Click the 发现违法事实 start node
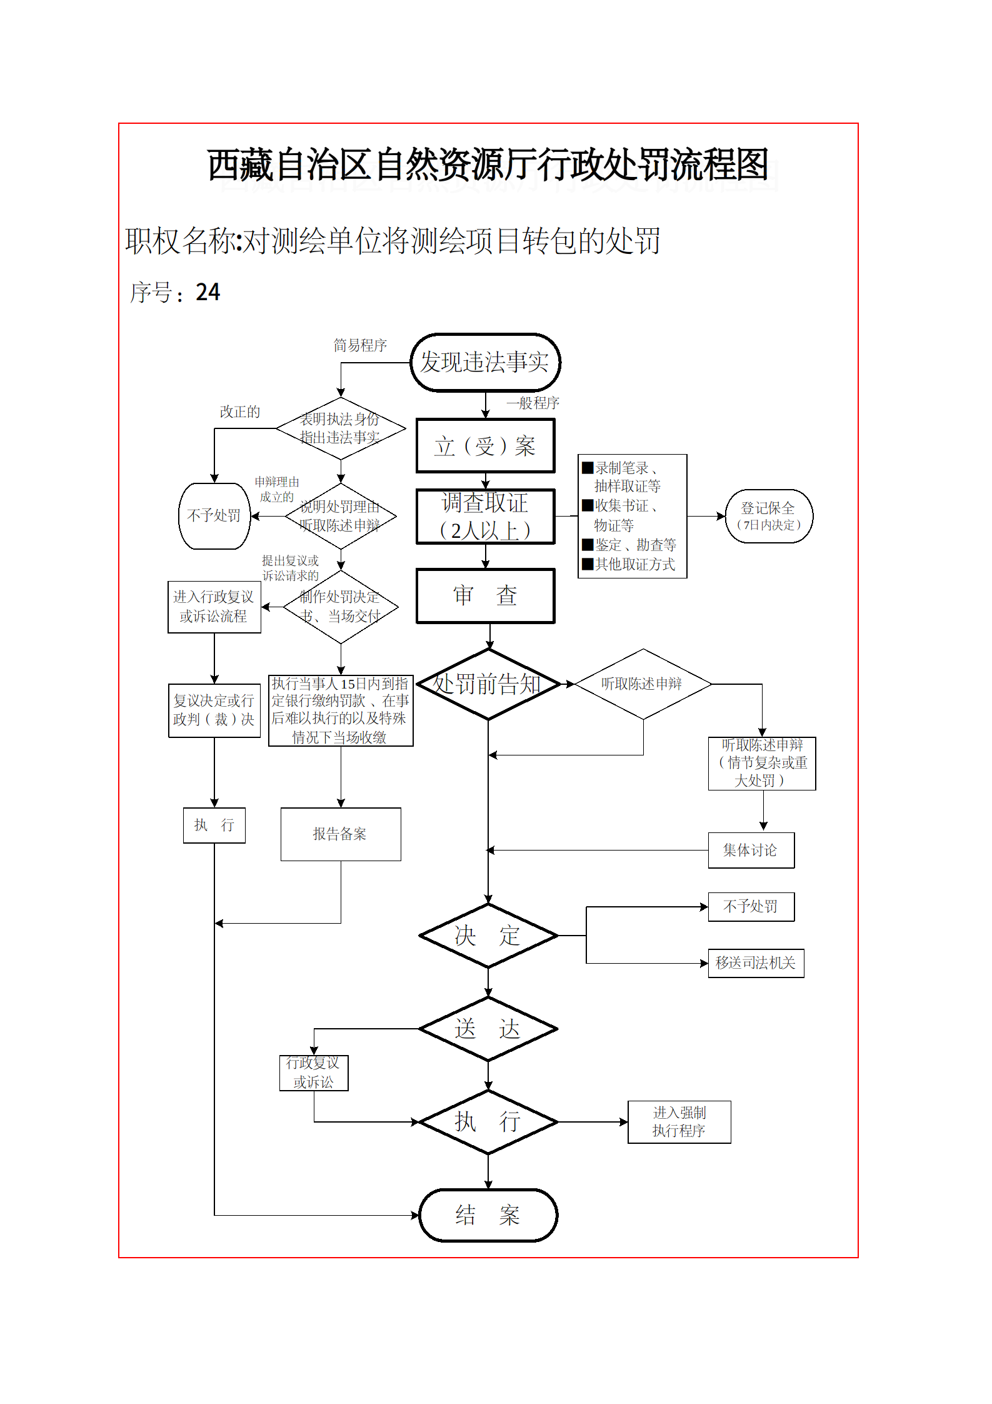point(485,363)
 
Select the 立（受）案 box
point(485,446)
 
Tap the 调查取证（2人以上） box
point(485,517)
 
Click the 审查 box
point(485,595)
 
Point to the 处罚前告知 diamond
point(488,684)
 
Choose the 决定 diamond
point(488,936)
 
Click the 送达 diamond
point(488,1029)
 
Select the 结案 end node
point(488,1215)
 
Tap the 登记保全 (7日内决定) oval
point(768,516)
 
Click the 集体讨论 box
point(751,851)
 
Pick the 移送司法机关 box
point(755,963)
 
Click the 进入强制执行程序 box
point(679,1122)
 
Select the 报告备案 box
point(340,834)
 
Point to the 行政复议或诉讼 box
point(313,1073)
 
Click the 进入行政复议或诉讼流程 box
point(214,607)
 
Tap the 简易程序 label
point(360,345)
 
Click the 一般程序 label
point(533,403)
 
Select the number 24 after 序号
point(208,292)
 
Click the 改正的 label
point(239,412)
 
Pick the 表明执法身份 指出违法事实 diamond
point(340,428)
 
